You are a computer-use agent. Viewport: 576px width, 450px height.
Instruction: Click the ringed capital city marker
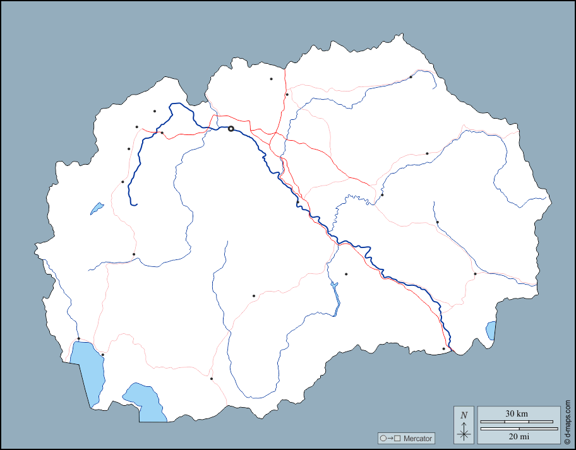pyautogui.click(x=231, y=129)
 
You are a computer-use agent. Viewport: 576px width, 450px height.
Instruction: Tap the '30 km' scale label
pyautogui.click(x=517, y=413)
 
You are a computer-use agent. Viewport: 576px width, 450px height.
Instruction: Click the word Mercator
pyautogui.click(x=418, y=438)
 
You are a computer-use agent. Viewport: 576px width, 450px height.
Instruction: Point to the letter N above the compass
pyautogui.click(x=464, y=415)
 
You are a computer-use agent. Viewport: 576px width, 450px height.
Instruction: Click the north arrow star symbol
pyautogui.click(x=464, y=433)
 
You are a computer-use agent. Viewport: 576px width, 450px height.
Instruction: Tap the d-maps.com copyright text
pyautogui.click(x=568, y=422)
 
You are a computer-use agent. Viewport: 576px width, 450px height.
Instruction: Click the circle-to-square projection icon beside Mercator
pyautogui.click(x=390, y=438)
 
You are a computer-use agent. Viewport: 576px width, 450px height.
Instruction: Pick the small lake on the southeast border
pyautogui.click(x=491, y=330)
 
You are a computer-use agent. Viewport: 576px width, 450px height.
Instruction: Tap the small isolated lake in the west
pyautogui.click(x=97, y=208)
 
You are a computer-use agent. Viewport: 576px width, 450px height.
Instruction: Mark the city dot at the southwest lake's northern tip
pyautogui.click(x=78, y=339)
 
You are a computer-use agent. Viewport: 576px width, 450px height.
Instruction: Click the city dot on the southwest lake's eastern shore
pyautogui.click(x=102, y=355)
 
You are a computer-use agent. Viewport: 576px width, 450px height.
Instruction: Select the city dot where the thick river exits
pyautogui.click(x=443, y=348)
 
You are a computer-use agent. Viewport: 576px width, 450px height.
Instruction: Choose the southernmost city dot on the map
pyautogui.click(x=212, y=379)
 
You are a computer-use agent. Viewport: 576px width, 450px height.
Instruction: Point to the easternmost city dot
pyautogui.click(x=475, y=274)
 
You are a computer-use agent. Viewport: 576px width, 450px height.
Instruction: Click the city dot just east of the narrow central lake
pyautogui.click(x=346, y=274)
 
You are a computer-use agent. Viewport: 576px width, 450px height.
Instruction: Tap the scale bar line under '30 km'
pyautogui.click(x=517, y=422)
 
